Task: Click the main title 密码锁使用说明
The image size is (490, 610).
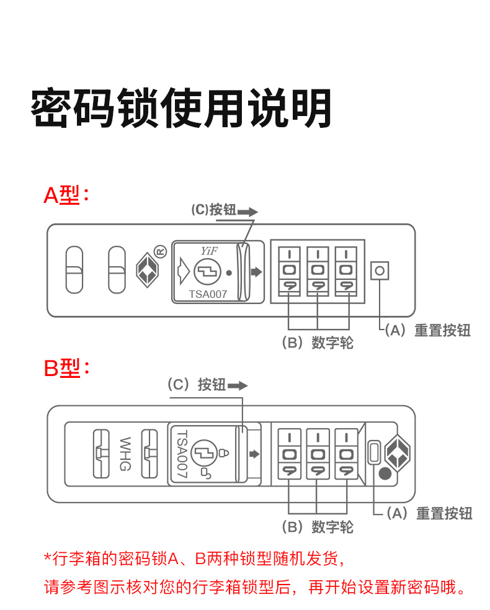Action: pos(180,109)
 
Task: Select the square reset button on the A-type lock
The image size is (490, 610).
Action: pos(380,271)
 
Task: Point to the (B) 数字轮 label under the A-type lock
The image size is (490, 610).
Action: pos(317,343)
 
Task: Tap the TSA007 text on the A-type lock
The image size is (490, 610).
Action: pos(208,295)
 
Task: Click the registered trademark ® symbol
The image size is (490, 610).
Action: pos(161,251)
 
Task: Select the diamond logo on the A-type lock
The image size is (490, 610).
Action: pos(146,269)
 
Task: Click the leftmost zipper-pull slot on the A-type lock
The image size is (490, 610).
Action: pos(74,269)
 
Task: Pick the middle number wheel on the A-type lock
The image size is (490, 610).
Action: pos(318,271)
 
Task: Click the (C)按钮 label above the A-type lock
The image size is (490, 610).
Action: pos(213,210)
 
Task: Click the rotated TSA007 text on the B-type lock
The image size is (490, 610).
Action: pos(182,454)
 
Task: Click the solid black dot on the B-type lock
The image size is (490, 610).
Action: pos(385,475)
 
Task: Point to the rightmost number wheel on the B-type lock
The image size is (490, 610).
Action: pos(346,454)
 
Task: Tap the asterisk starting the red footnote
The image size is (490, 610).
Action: pos(47,557)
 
